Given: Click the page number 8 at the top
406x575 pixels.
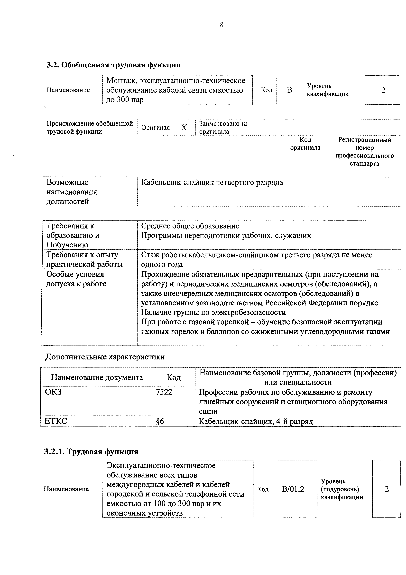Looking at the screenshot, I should pos(221,25).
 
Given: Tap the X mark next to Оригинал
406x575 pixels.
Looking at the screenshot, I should pos(184,128).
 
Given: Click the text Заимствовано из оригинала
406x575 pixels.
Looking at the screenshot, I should pos(223,128).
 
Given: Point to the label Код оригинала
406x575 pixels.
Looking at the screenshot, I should pos(305,143).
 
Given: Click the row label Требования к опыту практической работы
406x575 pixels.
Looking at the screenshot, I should pos(84,259).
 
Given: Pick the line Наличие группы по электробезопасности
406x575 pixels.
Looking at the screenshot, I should pos(213,312).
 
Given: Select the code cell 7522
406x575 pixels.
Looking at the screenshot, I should pos(164,392).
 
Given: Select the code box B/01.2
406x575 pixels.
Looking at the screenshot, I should pos(293,489).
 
